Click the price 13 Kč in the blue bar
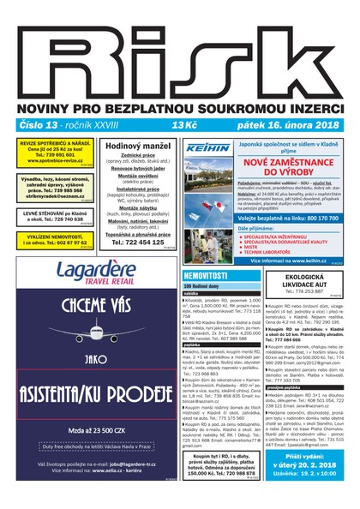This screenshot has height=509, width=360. pos(183,125)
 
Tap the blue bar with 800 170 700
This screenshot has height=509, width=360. pos(293,218)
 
